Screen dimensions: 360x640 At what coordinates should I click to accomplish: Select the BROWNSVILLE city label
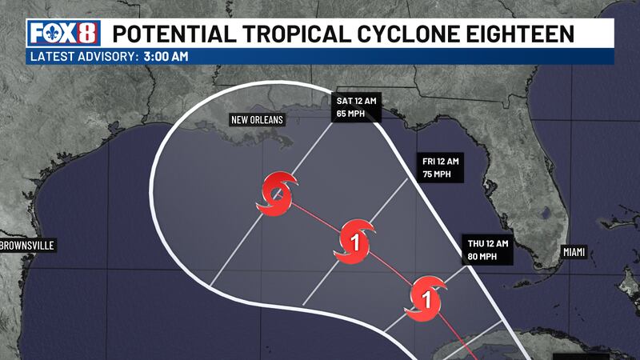tap(27, 246)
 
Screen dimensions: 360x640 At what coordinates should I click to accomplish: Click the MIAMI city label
tap(574, 252)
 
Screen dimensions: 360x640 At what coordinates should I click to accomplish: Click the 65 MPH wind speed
tap(351, 114)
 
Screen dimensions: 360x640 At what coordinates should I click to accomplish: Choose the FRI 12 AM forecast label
tap(441, 162)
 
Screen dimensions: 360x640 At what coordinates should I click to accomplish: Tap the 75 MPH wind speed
tap(437, 174)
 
